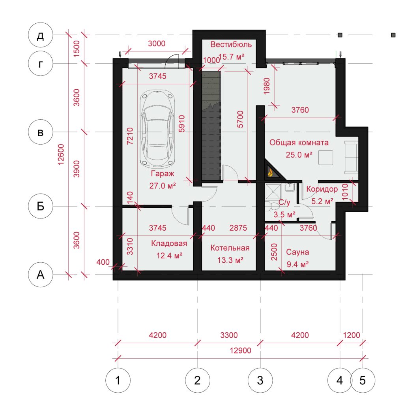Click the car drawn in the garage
click(157, 128)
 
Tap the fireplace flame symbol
click(270, 172)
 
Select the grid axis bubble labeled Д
click(41, 35)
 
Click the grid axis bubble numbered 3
click(260, 380)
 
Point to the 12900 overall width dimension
click(240, 350)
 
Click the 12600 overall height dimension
click(61, 154)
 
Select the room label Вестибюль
click(231, 44)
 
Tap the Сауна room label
click(297, 252)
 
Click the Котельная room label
click(230, 248)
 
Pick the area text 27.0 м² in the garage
click(162, 186)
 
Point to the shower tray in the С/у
click(273, 192)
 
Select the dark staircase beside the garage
click(211, 126)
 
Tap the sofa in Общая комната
click(352, 157)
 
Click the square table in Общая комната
click(325, 157)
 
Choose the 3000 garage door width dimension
click(157, 43)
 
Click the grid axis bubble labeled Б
click(41, 206)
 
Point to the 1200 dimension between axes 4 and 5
click(352, 335)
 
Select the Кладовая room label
click(169, 243)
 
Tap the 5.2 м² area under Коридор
click(322, 201)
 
